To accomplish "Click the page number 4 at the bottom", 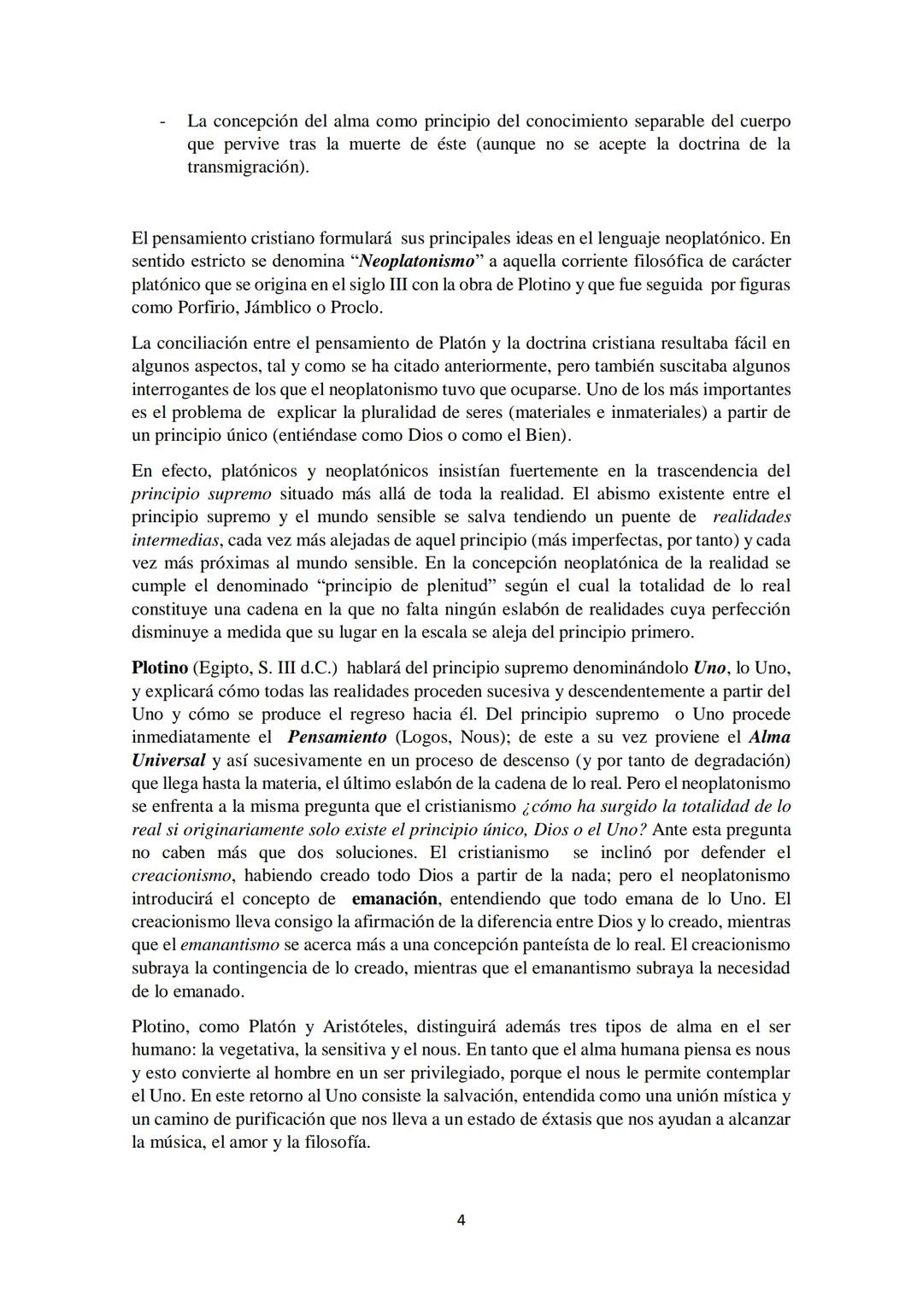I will (x=461, y=1220).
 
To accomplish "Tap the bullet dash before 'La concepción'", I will (x=162, y=121).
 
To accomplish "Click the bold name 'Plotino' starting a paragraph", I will (x=160, y=667).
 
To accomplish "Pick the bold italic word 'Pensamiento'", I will (x=337, y=737).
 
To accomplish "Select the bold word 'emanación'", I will (x=395, y=898).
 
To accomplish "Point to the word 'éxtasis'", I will (x=564, y=1119).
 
